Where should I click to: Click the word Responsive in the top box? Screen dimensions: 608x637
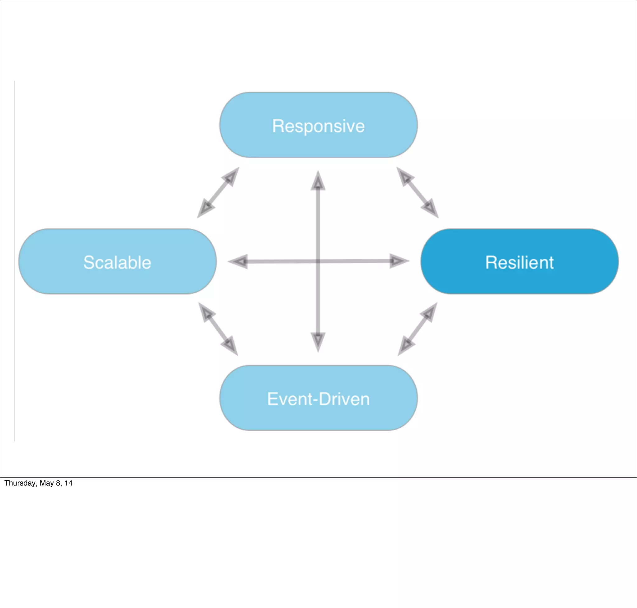(318, 126)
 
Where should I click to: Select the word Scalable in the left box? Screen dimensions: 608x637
(117, 263)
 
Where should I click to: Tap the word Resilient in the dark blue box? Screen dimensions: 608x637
(519, 263)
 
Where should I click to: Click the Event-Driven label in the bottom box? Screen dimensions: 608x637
(318, 399)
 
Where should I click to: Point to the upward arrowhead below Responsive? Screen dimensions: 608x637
(318, 182)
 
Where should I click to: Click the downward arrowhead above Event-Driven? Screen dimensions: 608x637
(318, 341)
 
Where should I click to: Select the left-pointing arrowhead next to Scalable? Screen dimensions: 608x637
(239, 261)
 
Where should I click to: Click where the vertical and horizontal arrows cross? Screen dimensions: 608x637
(318, 261)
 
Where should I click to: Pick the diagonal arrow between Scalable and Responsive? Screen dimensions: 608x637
(218, 192)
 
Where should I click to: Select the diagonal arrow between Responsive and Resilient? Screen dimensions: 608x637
(417, 192)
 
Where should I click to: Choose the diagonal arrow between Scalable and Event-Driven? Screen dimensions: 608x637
(218, 329)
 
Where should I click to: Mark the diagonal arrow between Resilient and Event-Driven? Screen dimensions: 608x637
(417, 329)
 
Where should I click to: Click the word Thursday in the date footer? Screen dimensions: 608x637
(20, 483)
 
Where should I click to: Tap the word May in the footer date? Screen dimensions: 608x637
(46, 483)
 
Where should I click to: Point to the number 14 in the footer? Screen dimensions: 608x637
(68, 483)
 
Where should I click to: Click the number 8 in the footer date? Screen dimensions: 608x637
(58, 483)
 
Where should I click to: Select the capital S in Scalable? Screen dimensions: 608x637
(89, 263)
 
